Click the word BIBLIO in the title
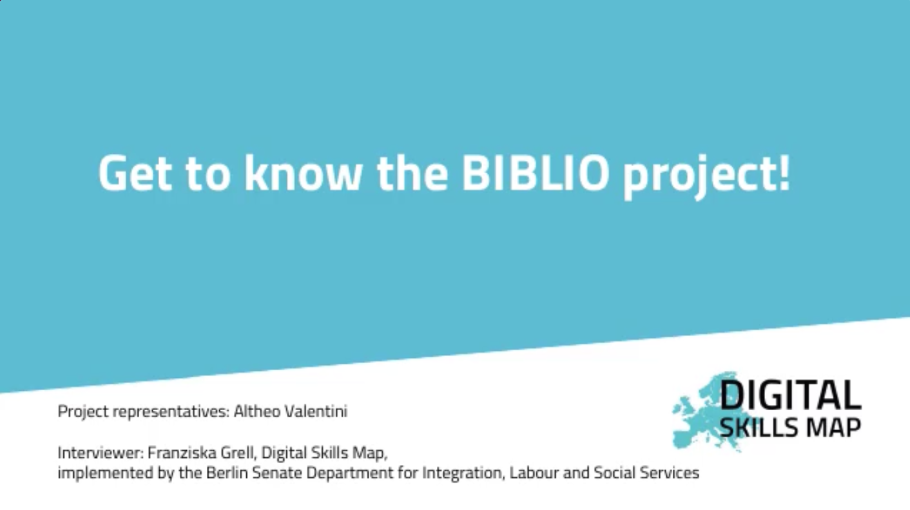tap(536, 173)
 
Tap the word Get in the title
tap(135, 173)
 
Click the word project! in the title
tap(706, 176)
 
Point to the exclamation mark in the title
tap(785, 173)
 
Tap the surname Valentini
tap(316, 411)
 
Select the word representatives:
tap(171, 412)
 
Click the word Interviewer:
tap(101, 452)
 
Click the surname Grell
tap(242, 453)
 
